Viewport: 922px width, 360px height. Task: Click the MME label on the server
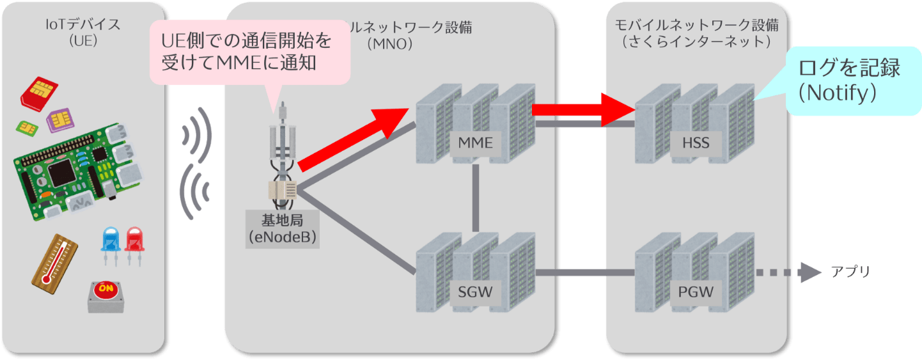[475, 143]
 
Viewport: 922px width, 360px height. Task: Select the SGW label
[475, 293]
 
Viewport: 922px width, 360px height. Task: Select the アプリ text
[850, 272]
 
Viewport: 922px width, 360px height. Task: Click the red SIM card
[40, 93]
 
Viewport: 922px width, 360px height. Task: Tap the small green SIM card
[26, 128]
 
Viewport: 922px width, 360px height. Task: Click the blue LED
[111, 242]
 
